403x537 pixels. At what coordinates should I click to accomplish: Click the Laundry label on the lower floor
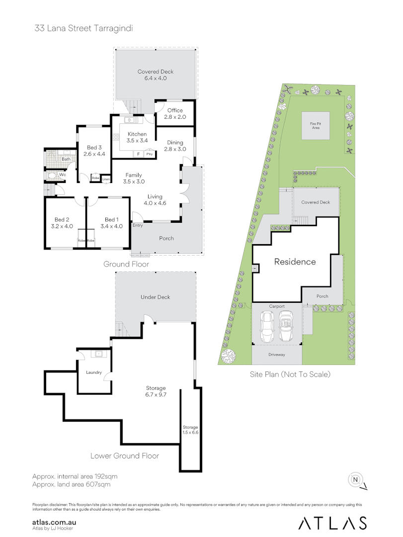[93, 372]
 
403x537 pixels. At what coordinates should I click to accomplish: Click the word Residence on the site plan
[295, 262]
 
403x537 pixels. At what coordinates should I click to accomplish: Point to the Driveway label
[277, 355]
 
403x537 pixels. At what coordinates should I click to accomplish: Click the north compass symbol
[356, 479]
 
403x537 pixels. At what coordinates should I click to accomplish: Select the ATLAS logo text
[332, 523]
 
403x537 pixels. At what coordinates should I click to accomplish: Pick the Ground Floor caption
[126, 264]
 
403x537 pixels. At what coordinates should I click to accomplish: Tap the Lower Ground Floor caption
[125, 455]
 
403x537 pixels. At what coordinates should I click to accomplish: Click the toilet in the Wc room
[52, 176]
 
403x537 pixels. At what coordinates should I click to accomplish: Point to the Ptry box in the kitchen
[149, 154]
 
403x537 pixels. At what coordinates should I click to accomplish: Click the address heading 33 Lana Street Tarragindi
[83, 28]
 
